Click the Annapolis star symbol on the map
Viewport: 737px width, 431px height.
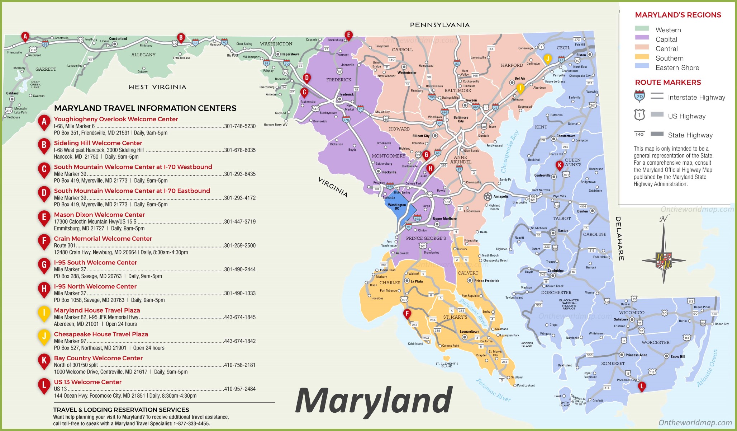click(488, 196)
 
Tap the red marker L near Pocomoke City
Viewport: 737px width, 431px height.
click(642, 386)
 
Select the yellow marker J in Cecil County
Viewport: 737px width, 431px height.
click(547, 59)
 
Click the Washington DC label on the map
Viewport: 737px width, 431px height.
click(397, 206)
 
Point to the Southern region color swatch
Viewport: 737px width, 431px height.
click(642, 57)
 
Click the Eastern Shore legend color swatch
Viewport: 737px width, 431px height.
click(642, 66)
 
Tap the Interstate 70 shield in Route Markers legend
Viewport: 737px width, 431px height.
click(639, 96)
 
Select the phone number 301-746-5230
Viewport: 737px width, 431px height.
click(240, 126)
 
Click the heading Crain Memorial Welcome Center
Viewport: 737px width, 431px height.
click(103, 239)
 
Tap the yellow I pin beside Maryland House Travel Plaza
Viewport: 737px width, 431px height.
click(44, 313)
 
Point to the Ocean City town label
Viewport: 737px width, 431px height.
click(721, 324)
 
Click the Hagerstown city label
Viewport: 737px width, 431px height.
click(290, 54)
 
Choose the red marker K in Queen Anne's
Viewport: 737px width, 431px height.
click(559, 165)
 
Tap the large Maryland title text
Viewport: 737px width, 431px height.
click(374, 401)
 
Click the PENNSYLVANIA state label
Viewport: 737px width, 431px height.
click(439, 25)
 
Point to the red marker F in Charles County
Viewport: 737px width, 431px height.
click(407, 314)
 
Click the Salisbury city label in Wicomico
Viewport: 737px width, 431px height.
click(620, 319)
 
